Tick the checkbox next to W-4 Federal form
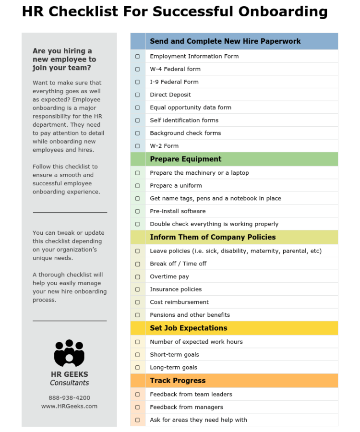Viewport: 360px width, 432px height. [138, 69]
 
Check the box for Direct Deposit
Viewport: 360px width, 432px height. [138, 95]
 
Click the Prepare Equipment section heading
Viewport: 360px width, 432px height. [185, 159]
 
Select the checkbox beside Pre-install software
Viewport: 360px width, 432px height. [138, 211]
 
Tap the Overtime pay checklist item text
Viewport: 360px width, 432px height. [169, 276]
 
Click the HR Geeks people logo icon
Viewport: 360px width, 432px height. [69, 353]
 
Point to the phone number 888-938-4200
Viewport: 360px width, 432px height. [69, 398]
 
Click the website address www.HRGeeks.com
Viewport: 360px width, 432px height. [69, 406]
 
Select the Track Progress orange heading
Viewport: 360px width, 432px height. [178, 381]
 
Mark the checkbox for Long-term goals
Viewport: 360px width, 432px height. [138, 368]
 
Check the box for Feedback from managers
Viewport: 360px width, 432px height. [138, 407]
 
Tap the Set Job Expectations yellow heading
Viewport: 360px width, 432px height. [188, 328]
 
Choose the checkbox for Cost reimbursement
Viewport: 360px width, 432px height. [138, 302]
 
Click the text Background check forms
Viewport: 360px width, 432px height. [185, 133]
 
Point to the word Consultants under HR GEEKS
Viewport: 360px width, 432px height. [69, 383]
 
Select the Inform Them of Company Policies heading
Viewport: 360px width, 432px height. [213, 237]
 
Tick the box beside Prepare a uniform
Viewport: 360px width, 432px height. [138, 186]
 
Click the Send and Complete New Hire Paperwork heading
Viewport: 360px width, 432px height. [225, 41]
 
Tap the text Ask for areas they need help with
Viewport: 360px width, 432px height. [198, 420]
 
